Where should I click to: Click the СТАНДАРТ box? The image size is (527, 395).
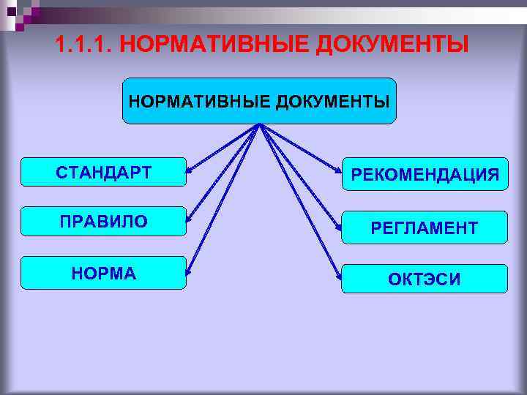click(x=103, y=172)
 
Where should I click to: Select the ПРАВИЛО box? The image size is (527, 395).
click(x=103, y=221)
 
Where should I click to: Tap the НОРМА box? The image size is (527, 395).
click(x=103, y=273)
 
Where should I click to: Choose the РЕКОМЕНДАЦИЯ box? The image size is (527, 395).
click(x=425, y=174)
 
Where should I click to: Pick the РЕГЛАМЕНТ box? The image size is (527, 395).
click(x=425, y=227)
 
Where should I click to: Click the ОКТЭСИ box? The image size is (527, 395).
click(x=425, y=279)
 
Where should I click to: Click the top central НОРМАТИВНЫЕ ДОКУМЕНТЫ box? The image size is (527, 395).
click(x=259, y=101)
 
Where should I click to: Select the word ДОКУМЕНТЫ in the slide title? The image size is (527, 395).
click(x=392, y=46)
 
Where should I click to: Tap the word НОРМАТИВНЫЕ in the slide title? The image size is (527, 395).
click(x=214, y=46)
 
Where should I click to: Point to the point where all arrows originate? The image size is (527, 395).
click(x=259, y=125)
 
